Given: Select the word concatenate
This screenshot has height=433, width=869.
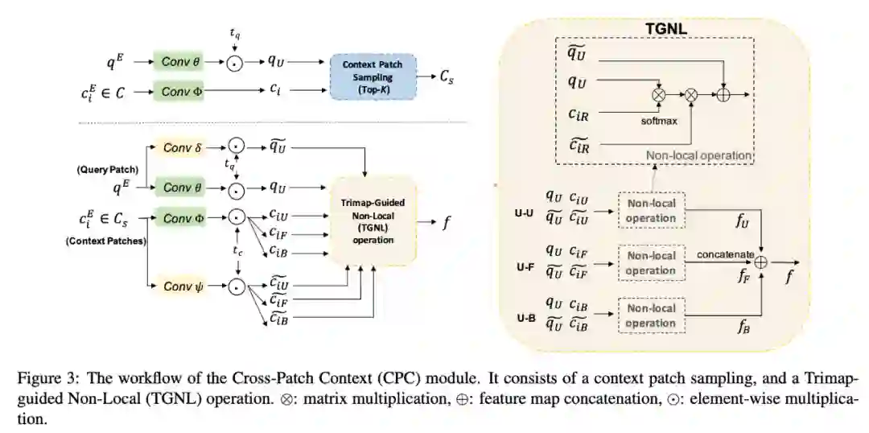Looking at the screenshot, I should pyautogui.click(x=725, y=255).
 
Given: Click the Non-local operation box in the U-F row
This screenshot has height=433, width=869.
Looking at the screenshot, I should pyautogui.click(x=650, y=263).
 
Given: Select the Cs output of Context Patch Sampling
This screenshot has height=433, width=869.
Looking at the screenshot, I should pyautogui.click(x=446, y=78).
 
